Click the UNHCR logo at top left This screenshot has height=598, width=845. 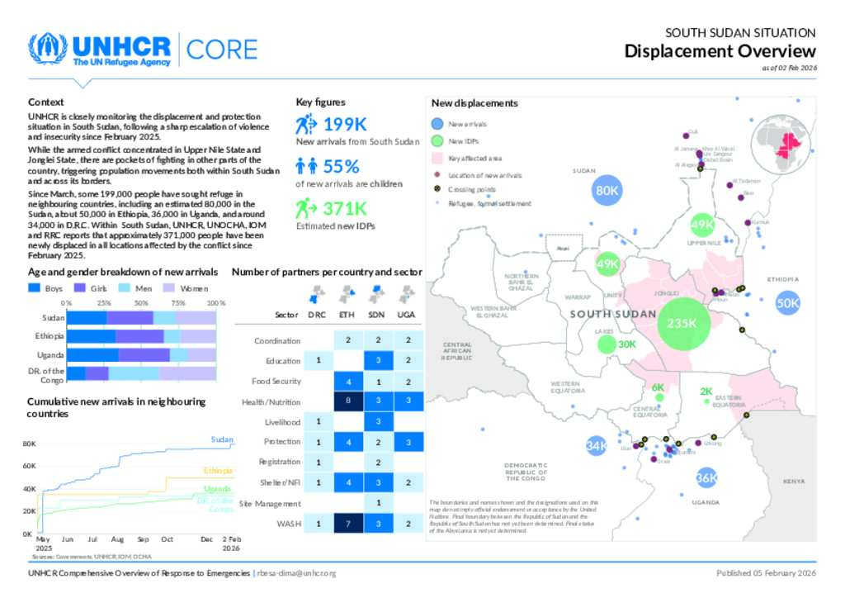pos(99,49)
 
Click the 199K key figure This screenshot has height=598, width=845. pos(344,125)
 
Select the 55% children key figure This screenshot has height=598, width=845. pos(341,166)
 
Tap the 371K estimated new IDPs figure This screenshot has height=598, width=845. pos(344,208)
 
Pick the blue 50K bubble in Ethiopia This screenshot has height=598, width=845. pos(788,303)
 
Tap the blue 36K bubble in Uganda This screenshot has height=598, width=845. pos(706,477)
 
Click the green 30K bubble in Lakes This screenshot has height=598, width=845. pos(626,344)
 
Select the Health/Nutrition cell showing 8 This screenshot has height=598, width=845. pos(348,401)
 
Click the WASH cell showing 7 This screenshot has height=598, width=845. pos(348,523)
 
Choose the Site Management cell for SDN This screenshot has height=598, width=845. pos(378,502)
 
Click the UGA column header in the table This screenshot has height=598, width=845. pos(407,315)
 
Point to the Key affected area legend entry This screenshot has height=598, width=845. pos(474,158)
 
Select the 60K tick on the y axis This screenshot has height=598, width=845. pos(29,467)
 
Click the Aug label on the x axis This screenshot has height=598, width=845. pos(117,539)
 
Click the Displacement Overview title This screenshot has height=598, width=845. pos(720,51)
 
